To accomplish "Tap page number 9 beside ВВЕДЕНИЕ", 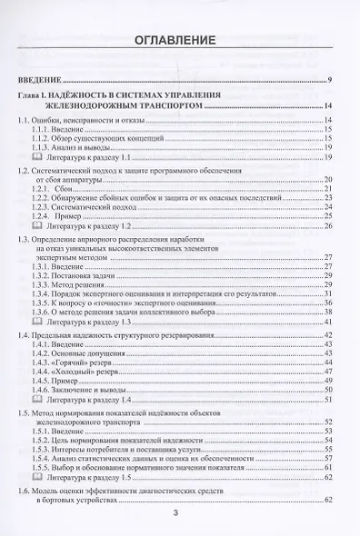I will pos(330,82).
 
